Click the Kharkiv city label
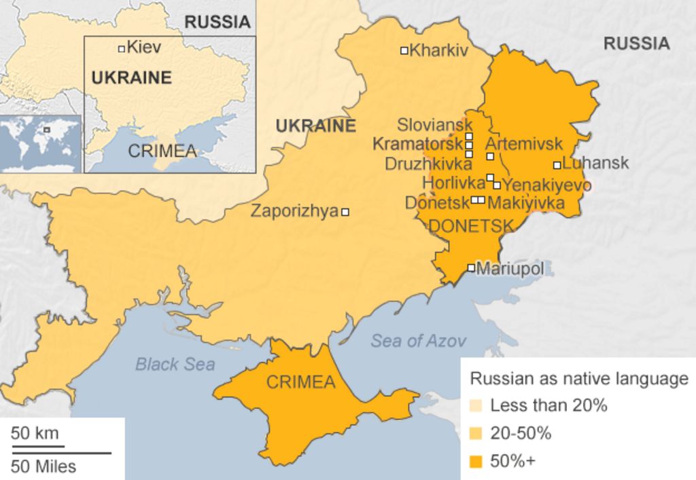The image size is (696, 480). (x=439, y=50)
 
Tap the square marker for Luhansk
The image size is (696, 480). (x=557, y=164)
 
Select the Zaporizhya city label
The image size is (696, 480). (x=294, y=211)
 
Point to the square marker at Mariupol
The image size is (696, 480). (x=471, y=267)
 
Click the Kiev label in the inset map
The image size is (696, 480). (x=144, y=48)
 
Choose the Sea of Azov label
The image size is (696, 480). (x=418, y=341)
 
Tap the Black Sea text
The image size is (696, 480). (x=175, y=364)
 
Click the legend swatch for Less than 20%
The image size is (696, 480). (x=476, y=406)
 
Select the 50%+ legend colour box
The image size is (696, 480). (x=476, y=462)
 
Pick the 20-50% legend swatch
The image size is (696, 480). (x=476, y=434)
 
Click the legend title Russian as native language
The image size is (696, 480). (x=579, y=379)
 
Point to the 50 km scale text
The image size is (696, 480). (x=35, y=433)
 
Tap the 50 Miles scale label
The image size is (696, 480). (x=43, y=466)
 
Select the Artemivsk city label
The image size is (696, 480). (x=524, y=144)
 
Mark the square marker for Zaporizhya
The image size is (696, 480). (x=345, y=212)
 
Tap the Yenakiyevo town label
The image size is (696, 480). (x=546, y=185)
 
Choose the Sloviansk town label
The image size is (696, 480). (x=434, y=125)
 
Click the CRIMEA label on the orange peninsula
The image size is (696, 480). (x=300, y=382)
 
